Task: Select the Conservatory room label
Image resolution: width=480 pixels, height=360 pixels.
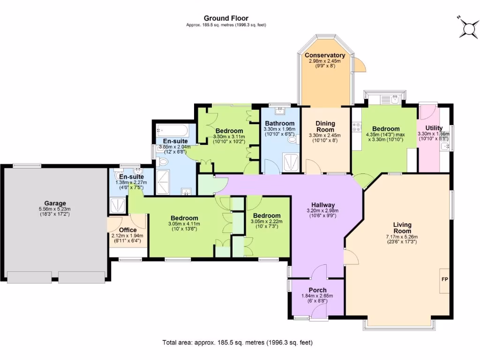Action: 325,55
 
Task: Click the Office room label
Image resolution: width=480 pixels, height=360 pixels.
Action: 127,230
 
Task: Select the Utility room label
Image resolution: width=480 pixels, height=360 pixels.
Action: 434,128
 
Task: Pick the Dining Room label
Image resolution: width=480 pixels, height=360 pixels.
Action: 325,127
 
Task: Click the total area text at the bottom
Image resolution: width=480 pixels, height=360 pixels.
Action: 237,342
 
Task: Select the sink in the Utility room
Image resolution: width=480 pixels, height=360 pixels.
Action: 446,147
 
